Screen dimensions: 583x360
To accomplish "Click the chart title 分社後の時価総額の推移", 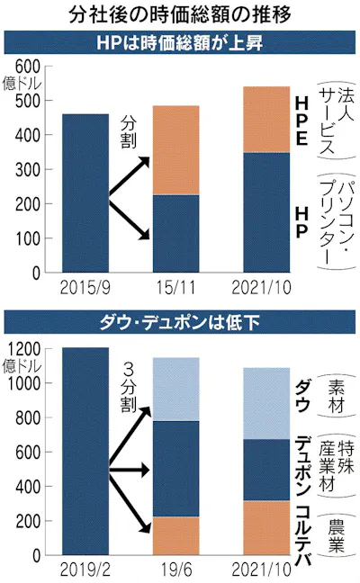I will (179, 14).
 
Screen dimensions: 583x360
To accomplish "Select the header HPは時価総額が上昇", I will (179, 43).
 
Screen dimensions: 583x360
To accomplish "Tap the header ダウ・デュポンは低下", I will (179, 322).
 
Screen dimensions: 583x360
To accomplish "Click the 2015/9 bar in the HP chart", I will (85, 193).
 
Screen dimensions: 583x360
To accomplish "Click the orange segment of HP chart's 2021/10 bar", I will (266, 120).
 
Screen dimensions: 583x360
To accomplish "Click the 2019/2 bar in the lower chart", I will (85, 451).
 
